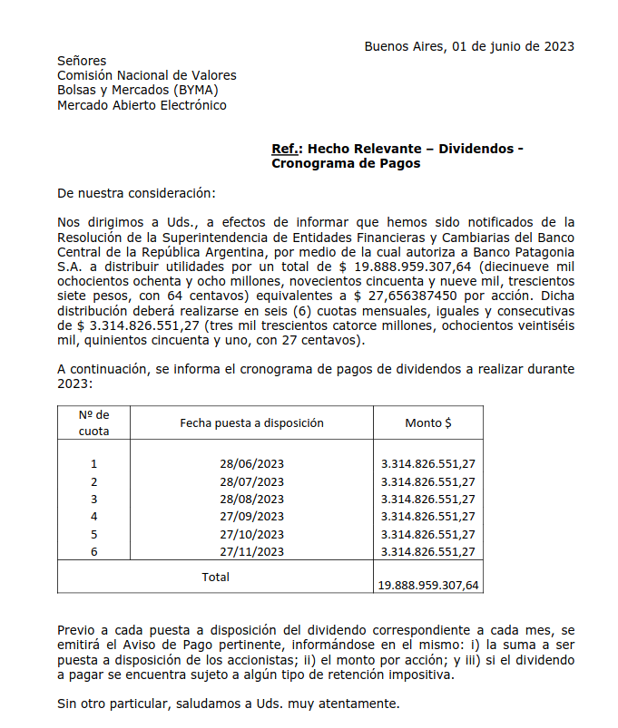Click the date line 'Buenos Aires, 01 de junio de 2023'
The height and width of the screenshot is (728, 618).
click(x=468, y=46)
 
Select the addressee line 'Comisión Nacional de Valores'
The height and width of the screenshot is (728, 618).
click(x=146, y=75)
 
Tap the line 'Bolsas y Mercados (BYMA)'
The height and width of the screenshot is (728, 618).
click(x=137, y=90)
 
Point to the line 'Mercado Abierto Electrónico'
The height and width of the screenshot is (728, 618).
click(x=142, y=105)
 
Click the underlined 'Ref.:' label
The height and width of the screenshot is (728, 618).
click(x=287, y=149)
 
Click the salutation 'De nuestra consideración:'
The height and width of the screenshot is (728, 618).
click(x=137, y=193)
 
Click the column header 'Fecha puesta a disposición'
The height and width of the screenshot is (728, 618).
click(x=251, y=422)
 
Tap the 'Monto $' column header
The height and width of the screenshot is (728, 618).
click(x=428, y=422)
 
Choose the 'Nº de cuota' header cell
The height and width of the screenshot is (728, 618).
click(x=93, y=422)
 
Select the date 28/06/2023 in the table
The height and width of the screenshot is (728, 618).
click(x=251, y=464)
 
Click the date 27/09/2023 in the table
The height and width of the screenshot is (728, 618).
click(x=251, y=517)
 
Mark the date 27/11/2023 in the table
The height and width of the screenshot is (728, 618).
click(x=251, y=551)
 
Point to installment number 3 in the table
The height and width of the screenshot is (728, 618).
click(x=93, y=499)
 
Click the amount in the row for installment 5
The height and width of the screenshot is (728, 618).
click(x=427, y=534)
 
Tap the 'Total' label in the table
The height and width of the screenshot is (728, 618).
click(x=215, y=577)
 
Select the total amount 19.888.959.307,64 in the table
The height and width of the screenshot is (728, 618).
click(x=427, y=586)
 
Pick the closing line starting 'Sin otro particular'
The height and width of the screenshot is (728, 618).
click(x=228, y=704)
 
